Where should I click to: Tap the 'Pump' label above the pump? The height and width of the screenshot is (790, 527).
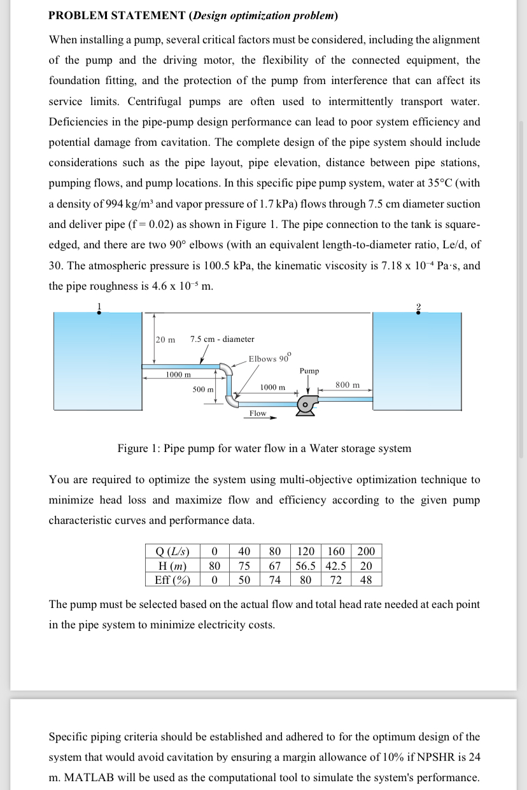pyautogui.click(x=309, y=370)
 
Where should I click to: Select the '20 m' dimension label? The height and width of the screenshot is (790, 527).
pyautogui.click(x=165, y=339)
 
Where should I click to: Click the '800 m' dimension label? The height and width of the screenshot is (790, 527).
pyautogui.click(x=347, y=384)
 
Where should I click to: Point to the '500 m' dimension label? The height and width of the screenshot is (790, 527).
pyautogui.click(x=203, y=388)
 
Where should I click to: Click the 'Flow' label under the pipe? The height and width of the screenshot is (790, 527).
pyautogui.click(x=258, y=413)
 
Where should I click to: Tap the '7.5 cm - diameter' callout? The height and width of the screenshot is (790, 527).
pyautogui.click(x=222, y=339)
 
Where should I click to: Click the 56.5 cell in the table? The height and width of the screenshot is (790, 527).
pyautogui.click(x=307, y=565)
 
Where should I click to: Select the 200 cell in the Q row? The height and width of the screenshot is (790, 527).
pyautogui.click(x=366, y=551)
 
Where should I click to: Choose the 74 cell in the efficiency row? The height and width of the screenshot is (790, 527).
pyautogui.click(x=274, y=579)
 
